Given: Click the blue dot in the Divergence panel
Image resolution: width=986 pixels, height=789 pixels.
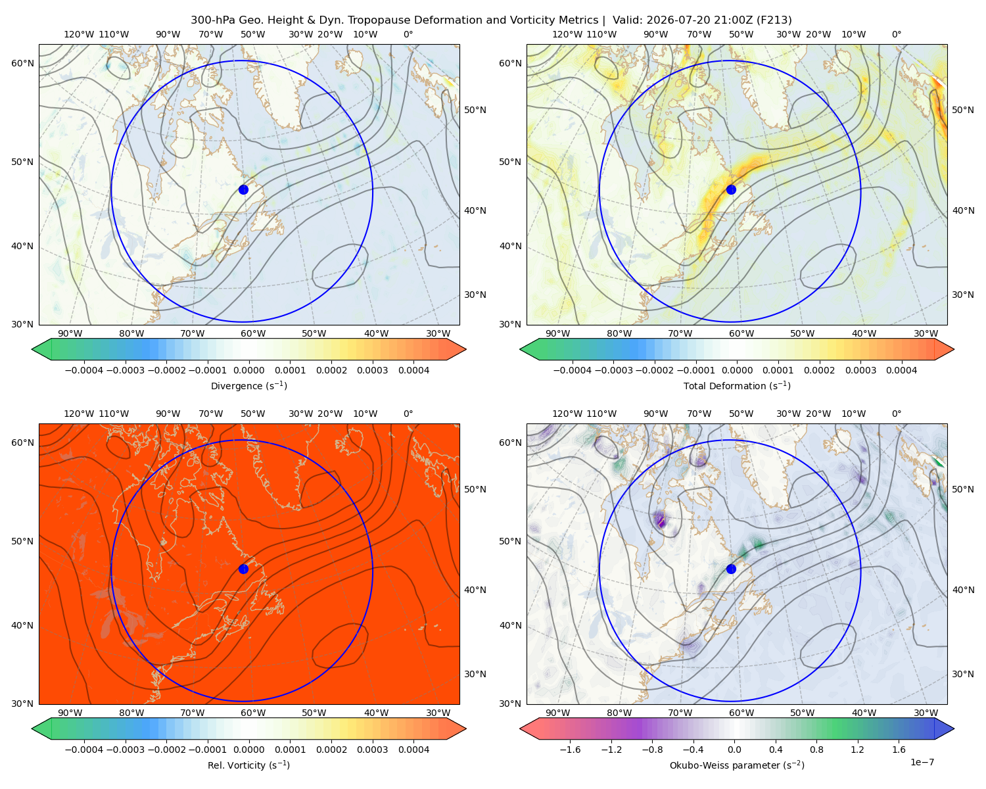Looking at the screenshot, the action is [x=243, y=189].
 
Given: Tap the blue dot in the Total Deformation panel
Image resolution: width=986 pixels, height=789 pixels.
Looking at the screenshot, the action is [x=731, y=189].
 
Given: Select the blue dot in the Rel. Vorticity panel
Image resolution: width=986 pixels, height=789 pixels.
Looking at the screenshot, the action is [x=243, y=569].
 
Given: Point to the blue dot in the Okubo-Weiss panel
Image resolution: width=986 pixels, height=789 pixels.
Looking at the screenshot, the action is [x=731, y=569].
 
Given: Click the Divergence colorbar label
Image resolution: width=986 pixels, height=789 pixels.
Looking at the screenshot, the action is [x=248, y=385].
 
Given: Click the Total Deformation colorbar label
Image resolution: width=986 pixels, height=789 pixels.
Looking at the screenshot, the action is [x=737, y=385].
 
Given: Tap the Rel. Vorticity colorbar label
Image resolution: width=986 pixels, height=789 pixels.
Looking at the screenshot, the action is [x=248, y=765].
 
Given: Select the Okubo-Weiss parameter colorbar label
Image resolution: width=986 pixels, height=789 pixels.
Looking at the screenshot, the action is [x=737, y=765].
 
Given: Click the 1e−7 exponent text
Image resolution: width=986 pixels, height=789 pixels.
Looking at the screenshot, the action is [x=922, y=763].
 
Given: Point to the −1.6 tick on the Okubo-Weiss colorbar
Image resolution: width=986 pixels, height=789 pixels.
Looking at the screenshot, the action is [x=570, y=750].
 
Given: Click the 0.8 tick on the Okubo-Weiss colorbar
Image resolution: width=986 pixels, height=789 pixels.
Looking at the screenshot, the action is [x=816, y=750].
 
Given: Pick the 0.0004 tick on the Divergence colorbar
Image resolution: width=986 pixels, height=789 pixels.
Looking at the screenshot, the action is [x=413, y=370].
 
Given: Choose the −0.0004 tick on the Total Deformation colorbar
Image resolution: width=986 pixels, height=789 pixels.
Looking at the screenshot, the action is [x=572, y=370].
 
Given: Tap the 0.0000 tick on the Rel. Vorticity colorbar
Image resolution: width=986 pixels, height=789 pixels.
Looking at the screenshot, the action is [x=248, y=750].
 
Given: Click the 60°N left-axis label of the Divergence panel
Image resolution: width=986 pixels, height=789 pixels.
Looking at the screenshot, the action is [x=22, y=63].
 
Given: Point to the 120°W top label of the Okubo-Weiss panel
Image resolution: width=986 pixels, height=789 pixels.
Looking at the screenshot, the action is [x=567, y=414].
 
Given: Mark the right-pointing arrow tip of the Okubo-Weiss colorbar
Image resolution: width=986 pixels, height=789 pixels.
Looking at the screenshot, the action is [x=954, y=729].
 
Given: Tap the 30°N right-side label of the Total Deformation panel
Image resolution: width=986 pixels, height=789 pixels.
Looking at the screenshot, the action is [x=962, y=295].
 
